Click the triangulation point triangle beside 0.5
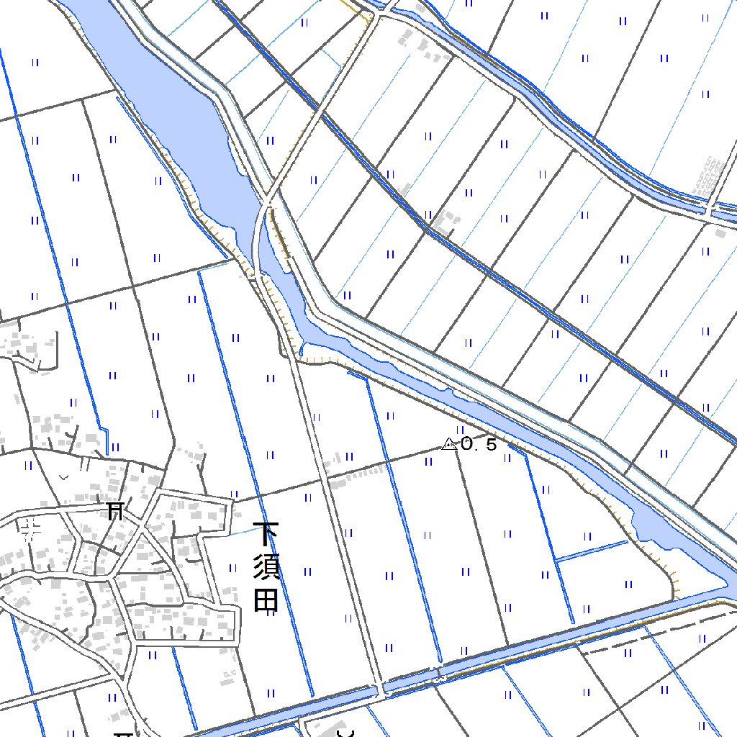450,445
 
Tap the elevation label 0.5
479,445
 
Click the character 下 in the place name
267,534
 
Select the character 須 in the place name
267,567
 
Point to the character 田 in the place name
266,600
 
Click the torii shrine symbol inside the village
114,512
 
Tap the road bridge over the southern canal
380,688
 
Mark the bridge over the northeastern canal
710,210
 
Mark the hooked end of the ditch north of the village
106,439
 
